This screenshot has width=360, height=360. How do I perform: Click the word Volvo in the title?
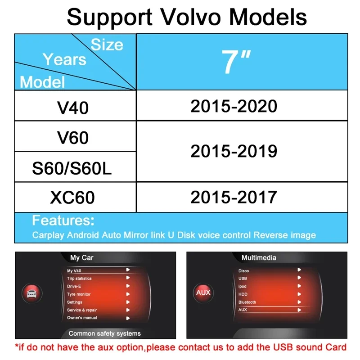190,17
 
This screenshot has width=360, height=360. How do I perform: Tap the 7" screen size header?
236,62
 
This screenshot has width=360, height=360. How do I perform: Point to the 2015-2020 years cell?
242,105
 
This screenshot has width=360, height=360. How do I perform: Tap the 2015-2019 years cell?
242,151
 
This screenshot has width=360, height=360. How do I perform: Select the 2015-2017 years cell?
242,197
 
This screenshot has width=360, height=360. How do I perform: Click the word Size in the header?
107,45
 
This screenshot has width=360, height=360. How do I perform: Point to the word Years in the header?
64,59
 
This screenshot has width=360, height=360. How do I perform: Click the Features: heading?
63,220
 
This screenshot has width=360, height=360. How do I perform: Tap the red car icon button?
32,293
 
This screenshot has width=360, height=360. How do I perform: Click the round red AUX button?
203,292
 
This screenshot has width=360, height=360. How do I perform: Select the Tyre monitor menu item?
79,294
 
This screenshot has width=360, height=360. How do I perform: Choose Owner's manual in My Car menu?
82,318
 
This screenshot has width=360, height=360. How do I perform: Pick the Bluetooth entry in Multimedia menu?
247,302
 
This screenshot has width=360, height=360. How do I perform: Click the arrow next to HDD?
299,294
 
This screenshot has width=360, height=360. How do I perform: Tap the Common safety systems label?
105,333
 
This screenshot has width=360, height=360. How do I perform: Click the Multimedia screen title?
259,257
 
